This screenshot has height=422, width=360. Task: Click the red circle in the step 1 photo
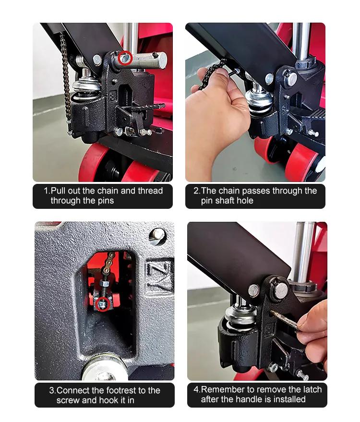tap(125, 58)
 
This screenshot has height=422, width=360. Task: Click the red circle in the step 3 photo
tap(104, 304)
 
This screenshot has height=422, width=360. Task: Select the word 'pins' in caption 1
tap(105, 201)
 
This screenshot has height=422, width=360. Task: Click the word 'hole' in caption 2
tap(245, 201)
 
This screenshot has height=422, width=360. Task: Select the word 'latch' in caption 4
tap(312, 389)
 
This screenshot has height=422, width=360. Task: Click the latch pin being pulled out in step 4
tap(284, 320)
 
